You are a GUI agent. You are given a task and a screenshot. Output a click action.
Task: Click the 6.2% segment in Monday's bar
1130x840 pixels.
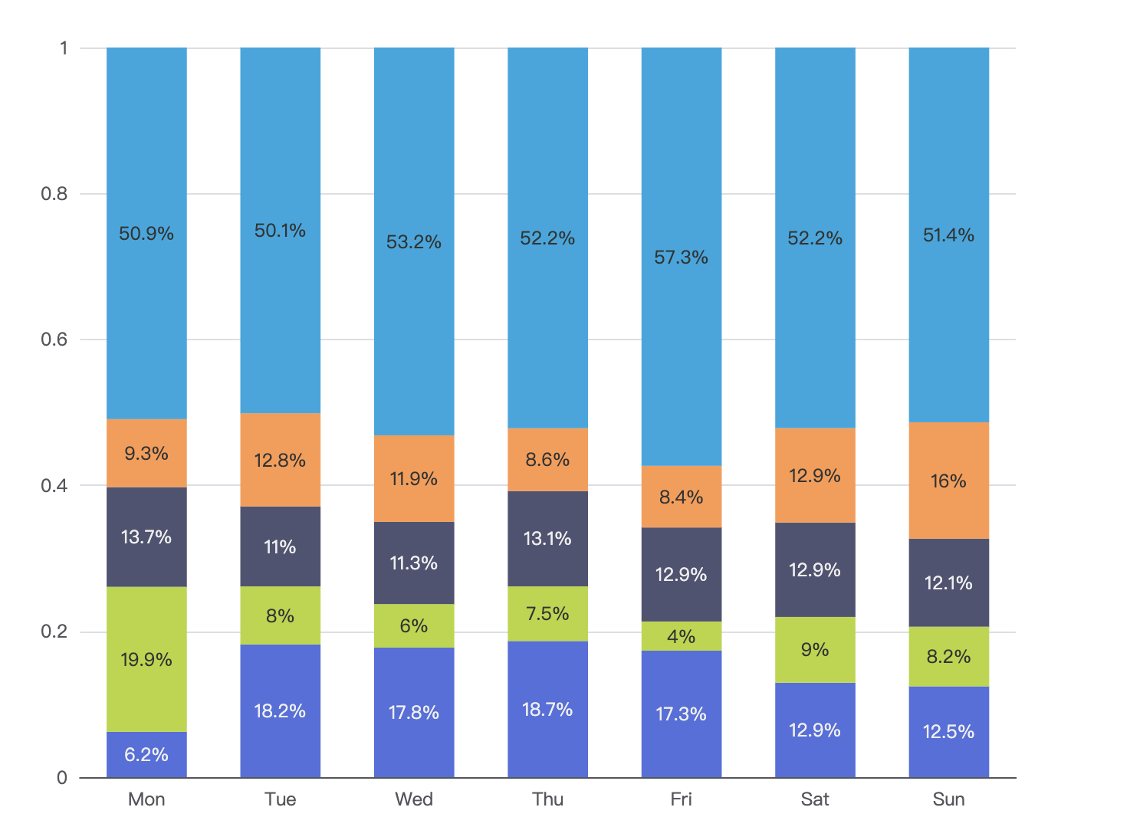coord(146,754)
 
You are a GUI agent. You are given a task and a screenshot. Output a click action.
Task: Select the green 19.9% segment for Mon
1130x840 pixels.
coord(146,659)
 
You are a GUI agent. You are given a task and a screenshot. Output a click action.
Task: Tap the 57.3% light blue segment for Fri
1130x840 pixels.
coord(682,257)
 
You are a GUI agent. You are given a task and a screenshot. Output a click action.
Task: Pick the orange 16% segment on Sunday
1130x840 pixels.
coord(948,481)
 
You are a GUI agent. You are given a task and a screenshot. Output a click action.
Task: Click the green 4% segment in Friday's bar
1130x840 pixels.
coord(682,635)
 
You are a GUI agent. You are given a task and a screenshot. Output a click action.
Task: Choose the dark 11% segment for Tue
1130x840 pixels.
coord(281,546)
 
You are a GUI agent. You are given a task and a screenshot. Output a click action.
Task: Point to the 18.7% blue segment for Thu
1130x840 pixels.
coord(547,709)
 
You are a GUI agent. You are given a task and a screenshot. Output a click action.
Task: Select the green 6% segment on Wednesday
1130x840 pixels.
coord(414,625)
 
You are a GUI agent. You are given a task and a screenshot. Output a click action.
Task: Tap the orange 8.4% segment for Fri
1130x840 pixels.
coord(682,497)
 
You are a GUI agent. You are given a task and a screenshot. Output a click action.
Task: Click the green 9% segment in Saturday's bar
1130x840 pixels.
coord(815,649)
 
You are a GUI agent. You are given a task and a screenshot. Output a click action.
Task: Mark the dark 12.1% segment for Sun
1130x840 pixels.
coord(948,582)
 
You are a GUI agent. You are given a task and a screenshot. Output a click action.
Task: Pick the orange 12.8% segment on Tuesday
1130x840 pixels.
coord(281,460)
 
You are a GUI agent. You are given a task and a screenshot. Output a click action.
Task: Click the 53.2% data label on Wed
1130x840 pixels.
coord(414,241)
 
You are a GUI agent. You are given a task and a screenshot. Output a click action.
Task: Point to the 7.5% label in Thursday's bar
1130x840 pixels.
coord(547,613)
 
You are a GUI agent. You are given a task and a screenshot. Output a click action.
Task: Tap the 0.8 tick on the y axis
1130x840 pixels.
coord(54,194)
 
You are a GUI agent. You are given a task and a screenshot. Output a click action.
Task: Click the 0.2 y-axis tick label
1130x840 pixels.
coord(54,632)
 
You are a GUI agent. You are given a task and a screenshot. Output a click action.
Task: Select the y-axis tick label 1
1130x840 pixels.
coord(64,48)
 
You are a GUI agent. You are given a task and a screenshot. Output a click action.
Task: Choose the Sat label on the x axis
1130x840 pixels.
coord(815,799)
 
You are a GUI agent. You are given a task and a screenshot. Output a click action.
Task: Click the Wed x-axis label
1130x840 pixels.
coord(414,799)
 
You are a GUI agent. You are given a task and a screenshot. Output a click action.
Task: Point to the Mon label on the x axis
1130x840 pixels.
coord(146,799)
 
